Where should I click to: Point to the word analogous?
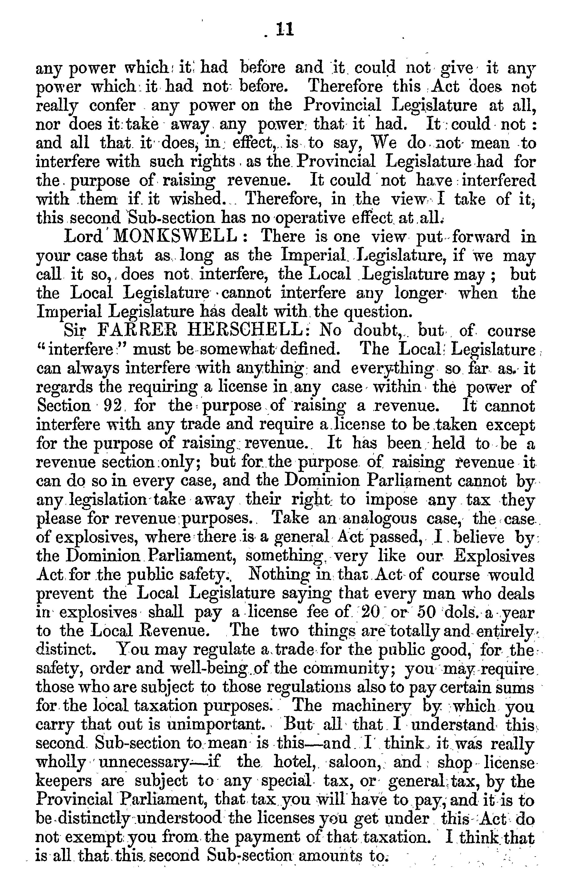coord(380,518)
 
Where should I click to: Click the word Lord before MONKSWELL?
coord(83,236)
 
